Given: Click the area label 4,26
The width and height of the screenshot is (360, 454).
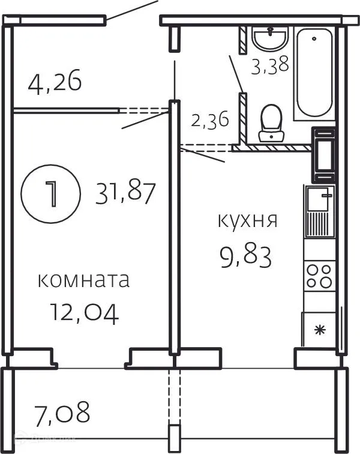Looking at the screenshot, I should point(55,81).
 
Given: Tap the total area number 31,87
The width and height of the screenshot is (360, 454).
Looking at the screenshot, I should point(125,193).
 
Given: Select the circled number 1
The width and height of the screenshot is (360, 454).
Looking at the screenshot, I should point(51,193).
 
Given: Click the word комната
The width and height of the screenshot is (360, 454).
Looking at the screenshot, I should point(83,280).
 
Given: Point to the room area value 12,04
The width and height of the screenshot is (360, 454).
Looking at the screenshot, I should point(83,312).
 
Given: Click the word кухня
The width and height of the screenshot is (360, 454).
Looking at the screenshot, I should point(247,220).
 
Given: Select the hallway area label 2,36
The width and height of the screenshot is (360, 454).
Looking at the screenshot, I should point(209,120).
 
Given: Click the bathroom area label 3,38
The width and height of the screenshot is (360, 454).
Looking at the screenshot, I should point(270,64).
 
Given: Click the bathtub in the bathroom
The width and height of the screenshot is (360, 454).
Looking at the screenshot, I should point(314,73).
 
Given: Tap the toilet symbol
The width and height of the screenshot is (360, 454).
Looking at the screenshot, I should point(271,123).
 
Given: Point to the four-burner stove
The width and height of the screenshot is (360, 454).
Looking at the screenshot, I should point(319,276).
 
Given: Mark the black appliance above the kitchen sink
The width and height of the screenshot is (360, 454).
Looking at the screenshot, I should point(324,155).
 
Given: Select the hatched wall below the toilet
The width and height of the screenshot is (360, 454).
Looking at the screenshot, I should point(273,147).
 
